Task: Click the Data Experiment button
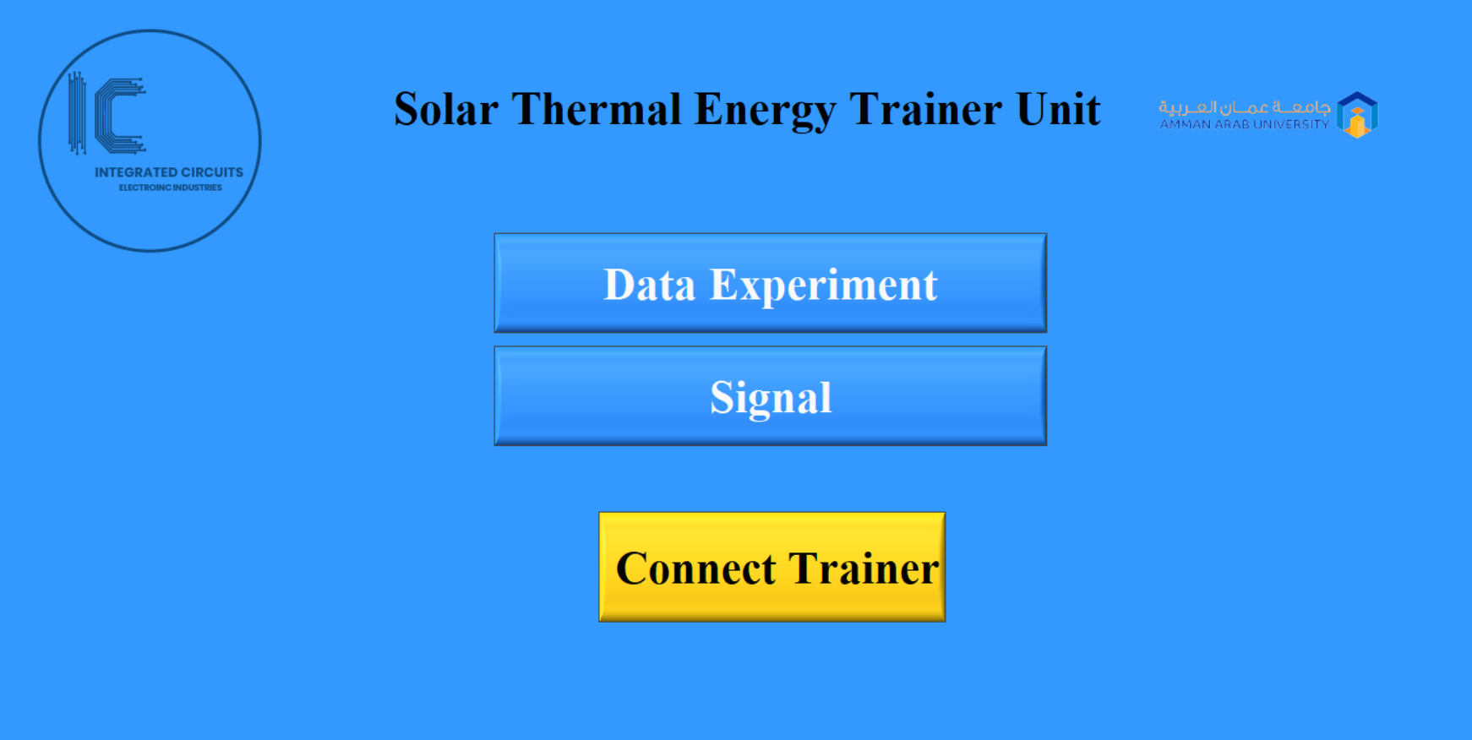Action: coord(770,283)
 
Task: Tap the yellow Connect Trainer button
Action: coord(771,567)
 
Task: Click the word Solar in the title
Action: coord(445,110)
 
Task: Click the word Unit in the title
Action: coord(1058,110)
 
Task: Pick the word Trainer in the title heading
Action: coord(924,110)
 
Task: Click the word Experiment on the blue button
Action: coord(823,286)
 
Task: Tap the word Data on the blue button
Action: coord(649,285)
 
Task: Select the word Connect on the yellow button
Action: coord(695,568)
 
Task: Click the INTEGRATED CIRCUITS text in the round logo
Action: coord(169,172)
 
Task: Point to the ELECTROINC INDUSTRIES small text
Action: coord(170,188)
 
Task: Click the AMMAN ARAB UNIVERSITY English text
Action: coord(1244,124)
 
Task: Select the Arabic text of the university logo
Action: coord(1244,107)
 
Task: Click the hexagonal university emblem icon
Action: coord(1357,115)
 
